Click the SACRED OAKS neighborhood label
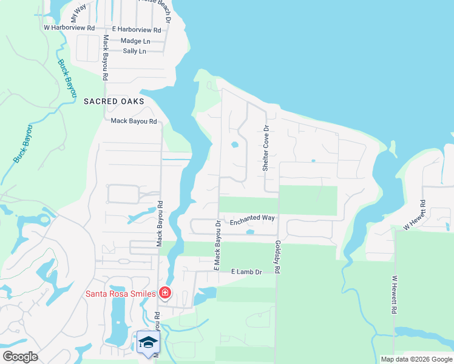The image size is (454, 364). pos(114,101)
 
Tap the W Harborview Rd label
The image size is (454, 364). pos(69,28)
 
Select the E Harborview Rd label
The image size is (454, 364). pos(137,29)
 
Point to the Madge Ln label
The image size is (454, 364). pos(135,41)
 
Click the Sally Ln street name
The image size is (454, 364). pos(134,51)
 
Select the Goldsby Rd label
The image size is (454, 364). pos(277,255)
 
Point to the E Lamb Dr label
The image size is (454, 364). pos(246,272)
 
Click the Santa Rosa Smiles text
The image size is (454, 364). pos(120,294)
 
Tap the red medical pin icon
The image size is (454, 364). pos(164,294)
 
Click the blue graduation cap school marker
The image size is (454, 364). pos(148,343)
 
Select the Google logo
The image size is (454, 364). pos(20,356)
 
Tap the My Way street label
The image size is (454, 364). pos(78,12)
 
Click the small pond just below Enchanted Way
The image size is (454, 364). pos(249,232)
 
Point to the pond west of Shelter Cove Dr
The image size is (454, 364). pos(234,145)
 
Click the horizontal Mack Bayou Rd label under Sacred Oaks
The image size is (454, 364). pos(134,121)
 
